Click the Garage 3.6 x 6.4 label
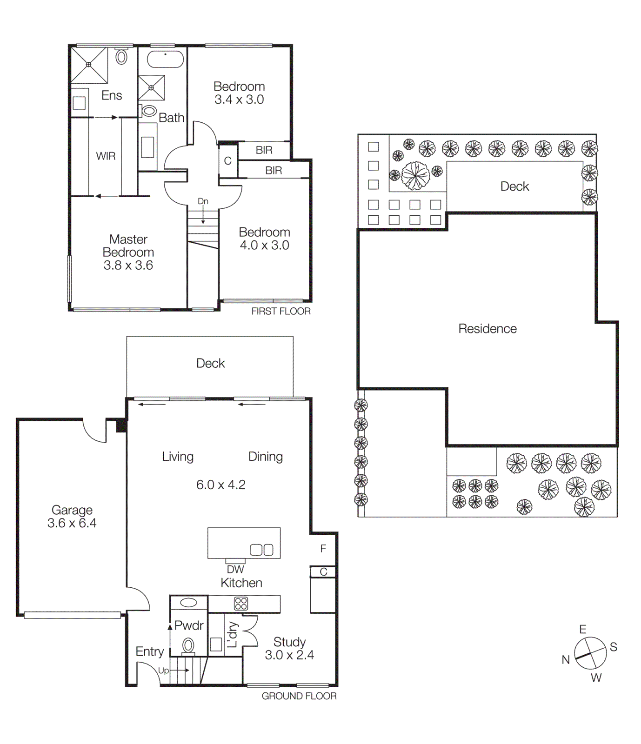(72, 517)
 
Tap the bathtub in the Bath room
(165, 60)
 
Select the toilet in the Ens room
(121, 57)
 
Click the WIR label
(106, 156)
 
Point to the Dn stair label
(203, 201)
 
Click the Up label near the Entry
(163, 671)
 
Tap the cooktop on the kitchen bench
(241, 604)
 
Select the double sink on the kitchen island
(261, 550)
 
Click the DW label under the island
(235, 569)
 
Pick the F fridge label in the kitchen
(323, 549)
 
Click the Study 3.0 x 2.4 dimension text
(289, 655)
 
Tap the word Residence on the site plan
(487, 329)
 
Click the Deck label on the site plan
(514, 186)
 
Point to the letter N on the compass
(566, 659)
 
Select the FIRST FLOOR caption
(281, 311)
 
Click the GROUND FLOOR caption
(299, 696)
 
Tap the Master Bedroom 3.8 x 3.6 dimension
(128, 266)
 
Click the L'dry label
(233, 635)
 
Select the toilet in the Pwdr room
(188, 645)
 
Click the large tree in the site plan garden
(415, 176)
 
